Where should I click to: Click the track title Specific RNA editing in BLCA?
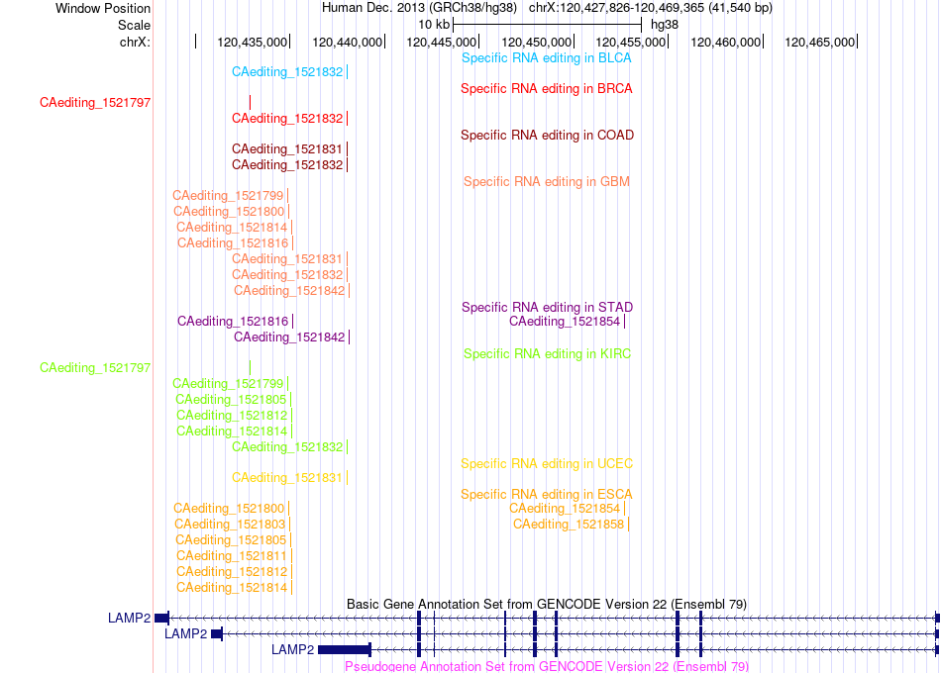coord(546,58)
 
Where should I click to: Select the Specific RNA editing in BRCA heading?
coord(546,89)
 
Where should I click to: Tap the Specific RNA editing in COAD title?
coord(547,136)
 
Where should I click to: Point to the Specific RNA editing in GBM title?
coord(546,182)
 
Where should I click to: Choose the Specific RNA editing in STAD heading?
coord(547,308)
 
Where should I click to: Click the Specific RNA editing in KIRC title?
coord(547,354)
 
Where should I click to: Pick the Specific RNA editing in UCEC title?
coord(546,463)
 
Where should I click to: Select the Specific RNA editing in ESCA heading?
coord(546,495)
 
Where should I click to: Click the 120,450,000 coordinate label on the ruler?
coord(536,43)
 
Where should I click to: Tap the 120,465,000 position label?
coord(819,43)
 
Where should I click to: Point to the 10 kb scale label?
coord(433,25)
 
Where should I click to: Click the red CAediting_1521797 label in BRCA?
coord(95,103)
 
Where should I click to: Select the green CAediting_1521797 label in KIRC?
coord(95,368)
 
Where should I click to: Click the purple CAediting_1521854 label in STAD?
coord(565,322)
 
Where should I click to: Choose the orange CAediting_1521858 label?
coord(569,525)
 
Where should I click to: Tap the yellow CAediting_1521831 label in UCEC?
coord(287,478)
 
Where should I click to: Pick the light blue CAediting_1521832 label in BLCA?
coord(287,72)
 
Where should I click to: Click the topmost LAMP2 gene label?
coord(129,619)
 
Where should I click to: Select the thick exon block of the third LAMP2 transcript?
coord(345,649)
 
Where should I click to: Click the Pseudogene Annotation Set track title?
coord(546,666)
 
